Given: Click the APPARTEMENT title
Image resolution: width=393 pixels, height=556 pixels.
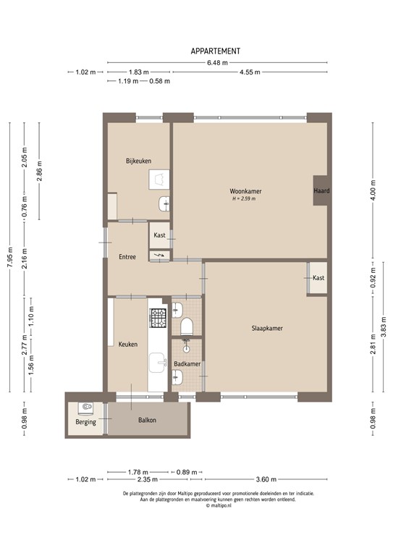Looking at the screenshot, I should coord(215,51).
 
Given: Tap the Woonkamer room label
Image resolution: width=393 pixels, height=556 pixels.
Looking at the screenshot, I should coord(246,191).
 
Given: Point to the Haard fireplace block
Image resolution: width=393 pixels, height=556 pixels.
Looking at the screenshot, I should coord(321,191).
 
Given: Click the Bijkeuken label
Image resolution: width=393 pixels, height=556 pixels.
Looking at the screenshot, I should coord(138,161).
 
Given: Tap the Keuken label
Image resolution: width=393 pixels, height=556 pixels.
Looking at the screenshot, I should coord(128,344).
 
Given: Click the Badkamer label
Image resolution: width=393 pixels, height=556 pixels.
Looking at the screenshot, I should coord(187,363).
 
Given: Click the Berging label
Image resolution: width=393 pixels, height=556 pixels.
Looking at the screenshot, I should coord(85,421).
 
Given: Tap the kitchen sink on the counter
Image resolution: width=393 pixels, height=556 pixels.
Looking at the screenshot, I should coord(157,360).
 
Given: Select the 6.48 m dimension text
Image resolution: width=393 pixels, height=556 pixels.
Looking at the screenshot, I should coord(216,63).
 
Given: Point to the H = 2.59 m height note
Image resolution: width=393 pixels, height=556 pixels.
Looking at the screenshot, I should coord(244,198).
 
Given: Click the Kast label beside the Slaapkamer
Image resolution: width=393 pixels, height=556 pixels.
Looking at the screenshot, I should coord(318,278).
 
